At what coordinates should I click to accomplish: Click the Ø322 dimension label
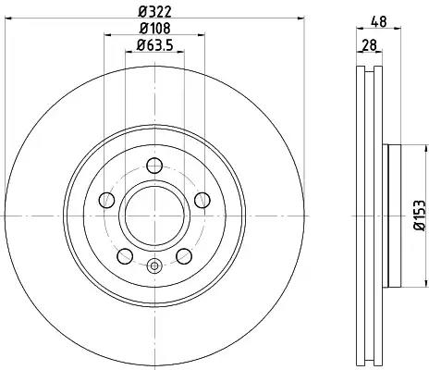tap(154, 12)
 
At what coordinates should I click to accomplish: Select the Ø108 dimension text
tap(154, 29)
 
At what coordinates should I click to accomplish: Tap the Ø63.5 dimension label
tap(154, 45)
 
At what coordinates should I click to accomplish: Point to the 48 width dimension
tap(378, 22)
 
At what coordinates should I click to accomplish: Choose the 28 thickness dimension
tap(369, 45)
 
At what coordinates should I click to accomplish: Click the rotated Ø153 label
tap(419, 216)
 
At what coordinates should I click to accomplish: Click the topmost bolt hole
tap(154, 166)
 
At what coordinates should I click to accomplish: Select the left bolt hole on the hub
tap(107, 200)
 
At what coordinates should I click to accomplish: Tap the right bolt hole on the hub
tap(202, 200)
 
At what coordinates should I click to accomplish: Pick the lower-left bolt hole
tap(125, 256)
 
